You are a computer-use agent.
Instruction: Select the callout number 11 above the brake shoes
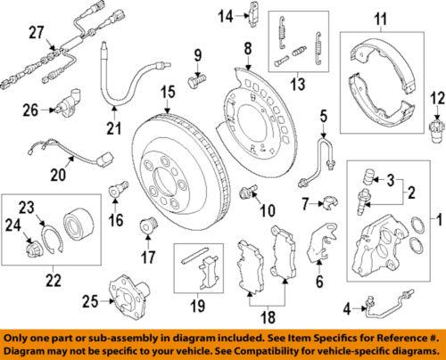point(381,19)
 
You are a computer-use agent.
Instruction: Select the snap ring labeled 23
point(53,238)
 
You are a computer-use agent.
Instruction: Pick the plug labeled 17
point(142,224)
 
